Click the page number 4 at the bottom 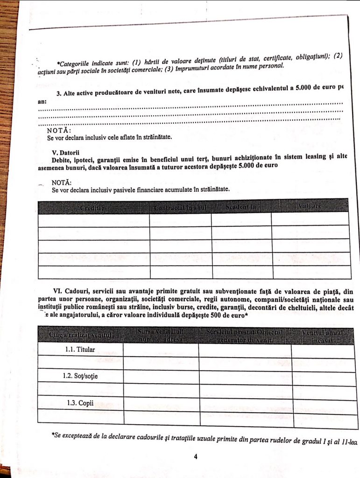[196, 457]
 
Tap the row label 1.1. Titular [80, 349]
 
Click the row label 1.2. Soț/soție [80, 376]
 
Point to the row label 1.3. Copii [80, 402]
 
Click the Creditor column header [93, 207]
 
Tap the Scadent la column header [241, 206]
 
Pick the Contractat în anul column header [180, 206]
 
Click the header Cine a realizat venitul [80, 335]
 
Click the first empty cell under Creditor [93, 220]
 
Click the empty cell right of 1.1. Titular [161, 349]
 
